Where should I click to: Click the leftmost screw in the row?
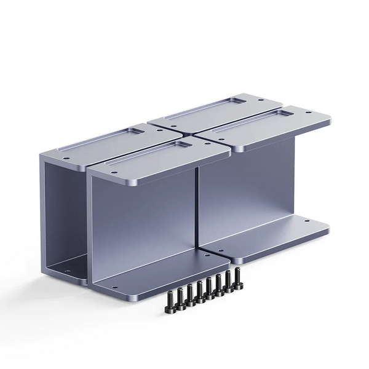coord(169,299)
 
